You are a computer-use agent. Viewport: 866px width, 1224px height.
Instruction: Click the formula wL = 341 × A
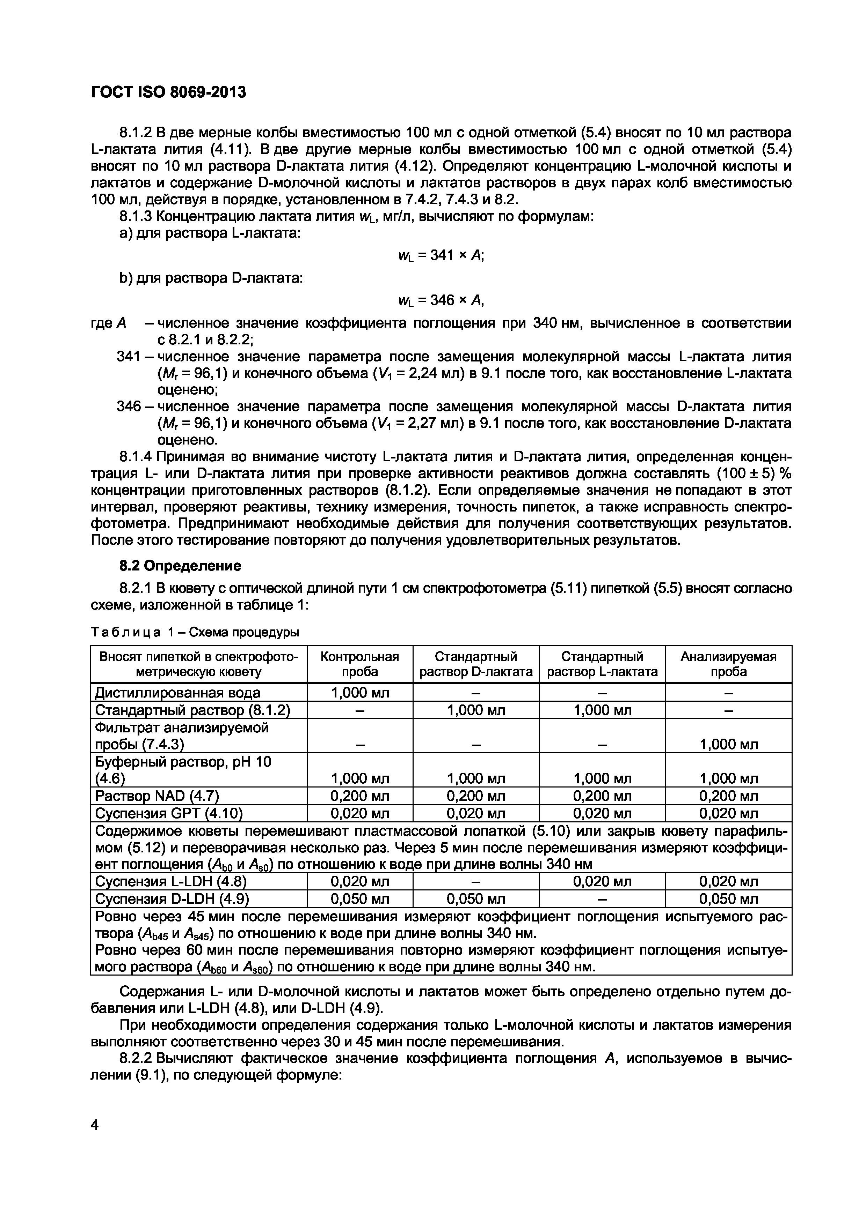tap(441, 256)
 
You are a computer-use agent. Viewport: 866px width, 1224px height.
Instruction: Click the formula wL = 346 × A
tap(441, 301)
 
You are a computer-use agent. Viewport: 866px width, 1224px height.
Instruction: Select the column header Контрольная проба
tap(359, 664)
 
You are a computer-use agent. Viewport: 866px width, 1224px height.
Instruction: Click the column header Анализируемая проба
tap(728, 664)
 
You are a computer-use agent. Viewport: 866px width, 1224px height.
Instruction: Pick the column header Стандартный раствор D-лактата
tap(475, 664)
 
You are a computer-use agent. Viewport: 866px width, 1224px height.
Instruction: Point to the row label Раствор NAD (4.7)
tap(157, 796)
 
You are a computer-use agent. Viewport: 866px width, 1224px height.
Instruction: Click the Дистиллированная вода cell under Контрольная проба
tap(359, 693)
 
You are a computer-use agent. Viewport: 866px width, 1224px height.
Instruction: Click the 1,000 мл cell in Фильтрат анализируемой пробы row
tap(728, 744)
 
